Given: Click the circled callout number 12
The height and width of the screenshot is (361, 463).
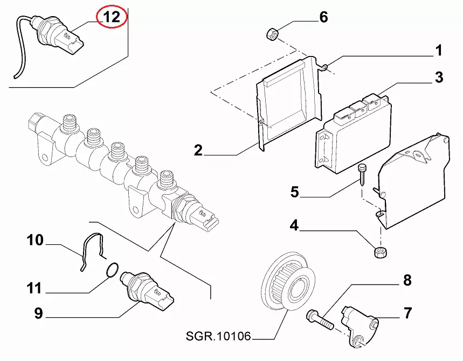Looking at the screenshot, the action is point(112,17).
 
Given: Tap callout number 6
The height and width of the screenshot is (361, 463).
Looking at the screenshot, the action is point(323,17).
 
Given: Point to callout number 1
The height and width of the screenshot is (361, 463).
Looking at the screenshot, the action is point(439,51).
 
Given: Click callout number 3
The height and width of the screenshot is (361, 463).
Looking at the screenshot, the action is point(439,77).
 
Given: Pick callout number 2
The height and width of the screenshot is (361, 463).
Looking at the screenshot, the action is point(198,150).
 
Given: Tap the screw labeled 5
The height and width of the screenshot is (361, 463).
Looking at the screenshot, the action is point(362,175).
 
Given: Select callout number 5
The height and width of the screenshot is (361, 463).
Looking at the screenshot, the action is point(294,192).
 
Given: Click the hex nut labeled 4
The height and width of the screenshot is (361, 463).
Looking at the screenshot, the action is point(381,252).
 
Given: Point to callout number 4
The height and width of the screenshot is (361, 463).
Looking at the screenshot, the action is point(294,225).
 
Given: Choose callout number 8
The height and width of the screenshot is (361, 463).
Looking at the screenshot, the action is point(407,280).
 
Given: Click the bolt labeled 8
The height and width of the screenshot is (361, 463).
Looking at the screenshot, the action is point(320,320).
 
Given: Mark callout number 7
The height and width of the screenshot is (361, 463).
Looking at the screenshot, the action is point(407,313).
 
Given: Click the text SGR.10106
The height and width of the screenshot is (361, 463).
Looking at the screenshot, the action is point(218,336).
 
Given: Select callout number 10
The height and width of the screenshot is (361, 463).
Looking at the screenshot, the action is point(35,240).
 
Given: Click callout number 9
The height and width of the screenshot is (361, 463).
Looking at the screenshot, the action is point(39,313).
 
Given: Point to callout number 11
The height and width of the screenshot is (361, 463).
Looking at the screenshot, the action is point(34,288).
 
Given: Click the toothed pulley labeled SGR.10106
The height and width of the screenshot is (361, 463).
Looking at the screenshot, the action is point(288,281).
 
